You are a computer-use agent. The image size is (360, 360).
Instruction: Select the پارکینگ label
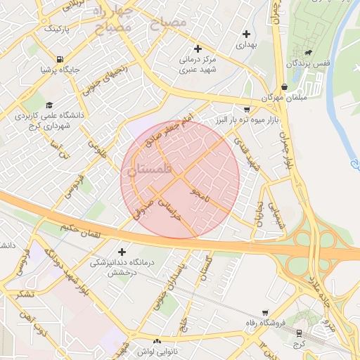[57, 29]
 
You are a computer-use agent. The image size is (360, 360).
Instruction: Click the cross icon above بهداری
[246, 34]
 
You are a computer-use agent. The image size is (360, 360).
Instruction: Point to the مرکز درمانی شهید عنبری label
[198, 65]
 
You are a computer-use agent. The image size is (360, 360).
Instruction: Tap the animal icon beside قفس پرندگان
[308, 52]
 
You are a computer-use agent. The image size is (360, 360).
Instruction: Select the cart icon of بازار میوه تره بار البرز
[246, 110]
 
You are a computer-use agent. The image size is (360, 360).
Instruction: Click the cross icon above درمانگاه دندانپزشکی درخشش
[122, 252]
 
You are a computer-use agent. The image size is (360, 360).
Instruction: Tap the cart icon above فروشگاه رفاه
[264, 313]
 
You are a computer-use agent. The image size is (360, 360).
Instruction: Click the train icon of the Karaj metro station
[300, 333]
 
